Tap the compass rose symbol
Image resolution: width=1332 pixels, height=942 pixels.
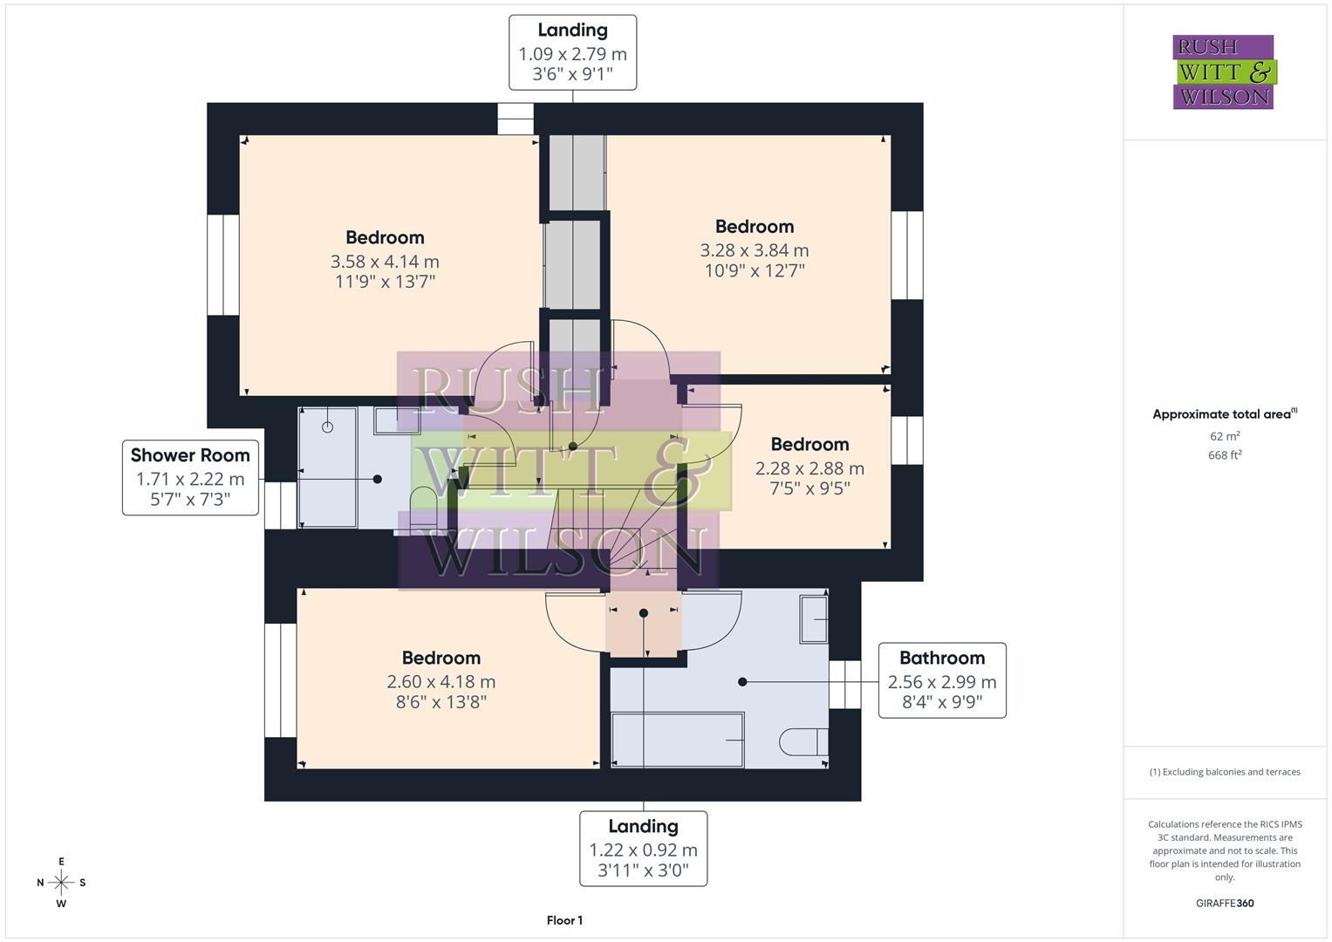(x=61, y=882)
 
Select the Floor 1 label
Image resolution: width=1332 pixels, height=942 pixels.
(x=564, y=920)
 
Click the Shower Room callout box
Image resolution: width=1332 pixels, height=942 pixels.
(x=190, y=477)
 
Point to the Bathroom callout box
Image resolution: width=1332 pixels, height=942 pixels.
(x=941, y=680)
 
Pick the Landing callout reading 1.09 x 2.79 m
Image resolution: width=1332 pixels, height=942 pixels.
(x=572, y=52)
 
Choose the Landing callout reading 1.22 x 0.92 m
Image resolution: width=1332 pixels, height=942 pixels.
(x=643, y=849)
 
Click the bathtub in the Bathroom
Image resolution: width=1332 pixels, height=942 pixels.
(x=677, y=740)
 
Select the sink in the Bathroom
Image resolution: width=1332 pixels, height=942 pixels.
(x=814, y=618)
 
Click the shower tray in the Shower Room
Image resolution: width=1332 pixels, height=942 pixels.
(x=327, y=467)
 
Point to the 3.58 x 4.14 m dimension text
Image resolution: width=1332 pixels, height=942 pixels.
(x=385, y=261)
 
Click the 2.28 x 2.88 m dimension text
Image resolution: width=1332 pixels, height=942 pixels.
(x=809, y=468)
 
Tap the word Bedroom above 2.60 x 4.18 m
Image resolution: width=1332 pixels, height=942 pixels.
(x=441, y=658)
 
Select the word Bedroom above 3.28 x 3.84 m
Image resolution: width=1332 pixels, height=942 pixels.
(x=754, y=227)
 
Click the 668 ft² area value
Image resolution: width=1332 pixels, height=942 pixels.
(x=1224, y=454)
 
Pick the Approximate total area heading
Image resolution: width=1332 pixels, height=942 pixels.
(x=1224, y=414)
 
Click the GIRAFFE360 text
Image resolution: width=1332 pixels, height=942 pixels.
(x=1224, y=903)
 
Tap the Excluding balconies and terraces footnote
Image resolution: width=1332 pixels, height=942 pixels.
(x=1224, y=772)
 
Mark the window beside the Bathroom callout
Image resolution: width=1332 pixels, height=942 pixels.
(x=844, y=684)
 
